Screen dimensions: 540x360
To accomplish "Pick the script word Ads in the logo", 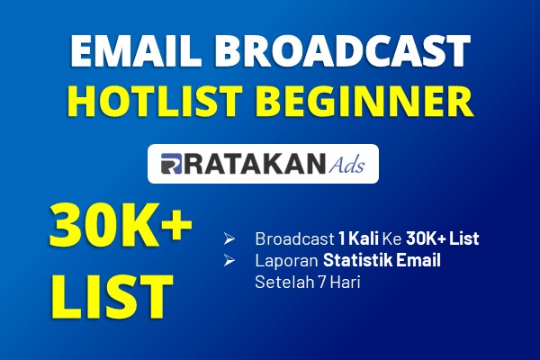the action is coord(346,165).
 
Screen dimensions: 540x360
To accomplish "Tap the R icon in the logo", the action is coord(171,164).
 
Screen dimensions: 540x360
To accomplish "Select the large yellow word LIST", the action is coord(112,297).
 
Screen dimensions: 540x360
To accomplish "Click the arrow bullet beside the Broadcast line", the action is coord(229,238).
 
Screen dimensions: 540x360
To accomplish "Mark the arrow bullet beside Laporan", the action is coord(229,260).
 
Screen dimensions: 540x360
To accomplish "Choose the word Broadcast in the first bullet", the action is coord(294,238).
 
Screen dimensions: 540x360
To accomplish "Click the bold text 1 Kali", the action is coord(358,238).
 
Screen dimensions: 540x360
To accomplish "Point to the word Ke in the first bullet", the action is coord(392,238).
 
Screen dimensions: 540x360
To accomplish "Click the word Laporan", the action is coord(286,260).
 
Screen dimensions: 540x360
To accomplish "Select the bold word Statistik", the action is coord(357,260).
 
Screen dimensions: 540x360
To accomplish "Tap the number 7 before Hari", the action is coord(322,283).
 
